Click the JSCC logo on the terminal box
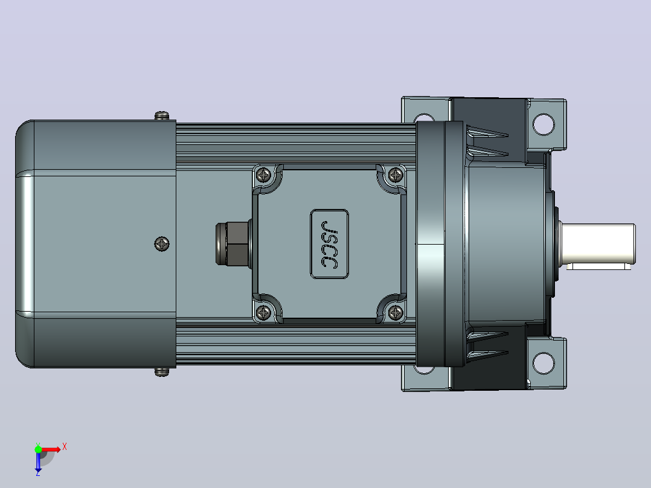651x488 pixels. pyautogui.click(x=329, y=244)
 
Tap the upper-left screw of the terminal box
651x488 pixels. pyautogui.click(x=264, y=175)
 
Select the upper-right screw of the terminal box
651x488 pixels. pyautogui.click(x=395, y=175)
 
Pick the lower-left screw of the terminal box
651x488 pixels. pyautogui.click(x=264, y=312)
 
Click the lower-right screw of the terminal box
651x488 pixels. pyautogui.click(x=395, y=312)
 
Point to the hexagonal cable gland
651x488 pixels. pyautogui.click(x=233, y=244)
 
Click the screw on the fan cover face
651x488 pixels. pyautogui.click(x=161, y=244)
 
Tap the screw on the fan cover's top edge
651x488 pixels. pyautogui.click(x=162, y=115)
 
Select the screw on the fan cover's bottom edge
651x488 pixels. pyautogui.click(x=162, y=371)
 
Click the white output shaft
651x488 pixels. pyautogui.click(x=598, y=243)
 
